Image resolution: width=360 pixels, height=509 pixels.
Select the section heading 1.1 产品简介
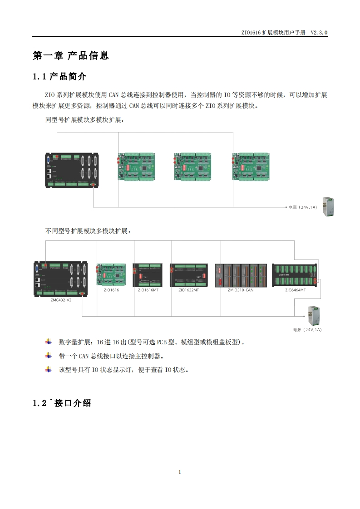coord(59,77)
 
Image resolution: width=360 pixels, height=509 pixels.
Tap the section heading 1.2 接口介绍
coord(62,403)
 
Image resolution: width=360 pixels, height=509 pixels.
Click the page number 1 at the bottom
coord(180,472)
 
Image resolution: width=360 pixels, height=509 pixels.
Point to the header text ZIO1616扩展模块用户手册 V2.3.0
coord(285,33)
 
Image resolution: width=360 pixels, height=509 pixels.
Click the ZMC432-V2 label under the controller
coord(60,300)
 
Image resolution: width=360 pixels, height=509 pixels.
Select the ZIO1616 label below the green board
coord(111,290)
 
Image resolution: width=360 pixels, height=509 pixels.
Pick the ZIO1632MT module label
coord(188,290)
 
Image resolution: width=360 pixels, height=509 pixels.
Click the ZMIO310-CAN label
coord(240,290)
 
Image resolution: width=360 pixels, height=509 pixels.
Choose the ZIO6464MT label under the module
coord(295,290)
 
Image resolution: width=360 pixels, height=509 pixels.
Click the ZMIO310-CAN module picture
coord(241,275)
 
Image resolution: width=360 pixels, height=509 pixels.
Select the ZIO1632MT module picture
coord(188,275)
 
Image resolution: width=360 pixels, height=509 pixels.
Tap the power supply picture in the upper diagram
coord(328,207)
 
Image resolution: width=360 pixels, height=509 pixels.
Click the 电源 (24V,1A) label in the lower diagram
coord(307,330)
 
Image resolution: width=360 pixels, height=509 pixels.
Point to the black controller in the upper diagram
coord(73,170)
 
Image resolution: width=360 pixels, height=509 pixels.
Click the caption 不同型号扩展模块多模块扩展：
coord(88,231)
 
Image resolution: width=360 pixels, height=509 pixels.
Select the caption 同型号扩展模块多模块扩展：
coord(84,120)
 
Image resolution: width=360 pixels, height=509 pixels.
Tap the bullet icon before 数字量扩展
coord(49,342)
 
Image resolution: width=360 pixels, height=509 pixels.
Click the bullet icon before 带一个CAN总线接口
coord(49,356)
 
